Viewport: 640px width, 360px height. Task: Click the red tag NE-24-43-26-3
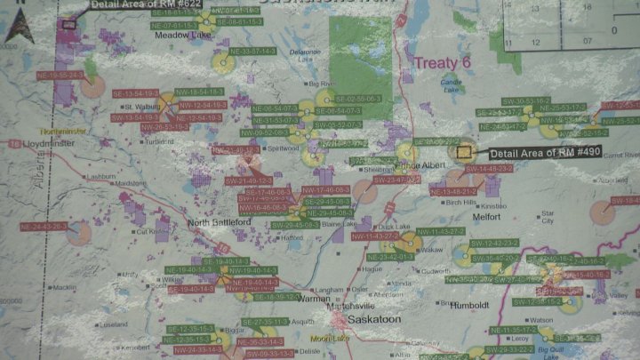click(43, 227)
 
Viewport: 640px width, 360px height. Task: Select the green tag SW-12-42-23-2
click(493, 243)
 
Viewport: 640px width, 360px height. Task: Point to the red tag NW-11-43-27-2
click(374, 236)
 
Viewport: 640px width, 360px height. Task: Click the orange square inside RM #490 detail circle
click(462, 152)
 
